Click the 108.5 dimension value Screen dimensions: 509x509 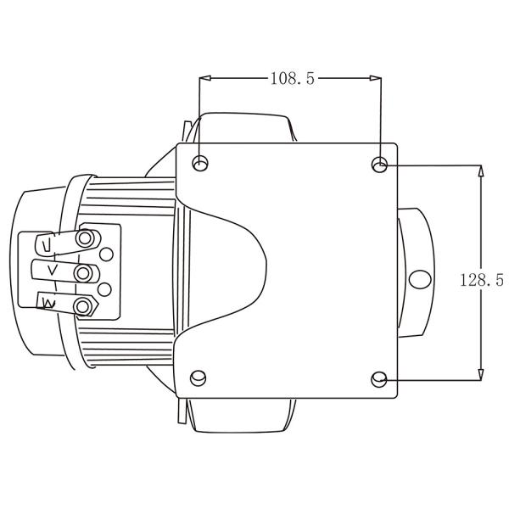[292, 79]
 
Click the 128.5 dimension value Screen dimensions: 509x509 [483, 280]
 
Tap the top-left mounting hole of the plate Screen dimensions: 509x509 [201, 163]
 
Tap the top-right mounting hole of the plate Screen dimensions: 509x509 [381, 163]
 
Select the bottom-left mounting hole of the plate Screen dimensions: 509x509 [200, 377]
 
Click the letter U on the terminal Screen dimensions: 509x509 [48, 245]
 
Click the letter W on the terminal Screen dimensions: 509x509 [48, 302]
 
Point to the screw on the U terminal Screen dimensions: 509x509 [83, 239]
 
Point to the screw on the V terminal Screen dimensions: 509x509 [83, 272]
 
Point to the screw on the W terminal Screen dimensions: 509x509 [83, 305]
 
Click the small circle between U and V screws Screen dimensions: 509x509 [106, 255]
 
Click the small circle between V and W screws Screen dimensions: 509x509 [105, 289]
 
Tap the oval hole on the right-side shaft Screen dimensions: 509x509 [418, 278]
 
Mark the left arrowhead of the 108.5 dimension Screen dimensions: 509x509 [204, 79]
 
